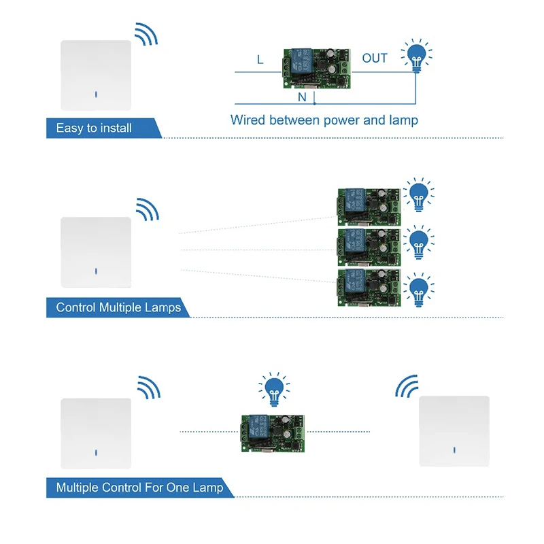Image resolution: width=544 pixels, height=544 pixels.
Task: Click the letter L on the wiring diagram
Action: [260, 60]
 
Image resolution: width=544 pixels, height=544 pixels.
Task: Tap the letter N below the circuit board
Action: [302, 98]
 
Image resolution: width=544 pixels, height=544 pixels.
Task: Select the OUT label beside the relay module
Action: [375, 58]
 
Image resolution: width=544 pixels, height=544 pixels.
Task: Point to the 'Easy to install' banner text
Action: [94, 128]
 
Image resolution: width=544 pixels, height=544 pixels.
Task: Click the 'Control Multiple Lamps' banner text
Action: [118, 307]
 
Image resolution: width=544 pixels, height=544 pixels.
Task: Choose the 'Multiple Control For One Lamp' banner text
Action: [139, 488]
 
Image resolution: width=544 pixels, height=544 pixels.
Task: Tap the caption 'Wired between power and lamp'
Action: [324, 120]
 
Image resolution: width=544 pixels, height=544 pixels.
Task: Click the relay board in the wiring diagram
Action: [317, 68]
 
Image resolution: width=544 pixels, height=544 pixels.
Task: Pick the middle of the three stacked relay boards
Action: [367, 246]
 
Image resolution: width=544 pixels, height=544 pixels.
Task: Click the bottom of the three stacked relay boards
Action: [367, 288]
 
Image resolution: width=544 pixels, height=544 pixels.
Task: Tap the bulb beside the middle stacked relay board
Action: [420, 243]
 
